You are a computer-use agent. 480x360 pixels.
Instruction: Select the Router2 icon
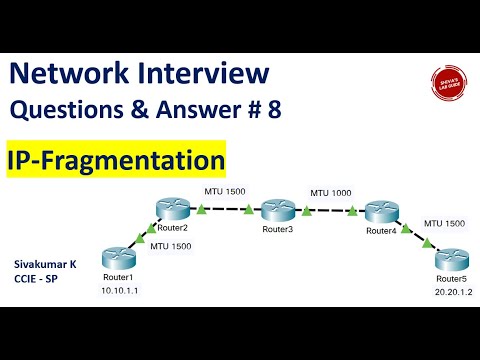click(172, 207)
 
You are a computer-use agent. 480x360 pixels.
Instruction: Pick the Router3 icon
click(277, 211)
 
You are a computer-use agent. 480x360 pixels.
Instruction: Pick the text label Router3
click(278, 230)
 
